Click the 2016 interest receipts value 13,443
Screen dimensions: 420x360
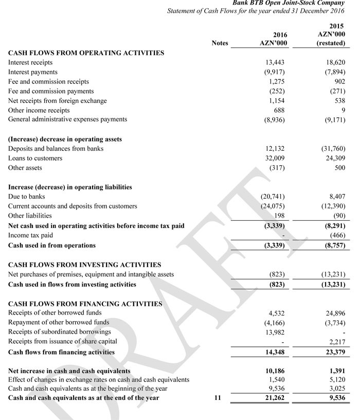point(273,62)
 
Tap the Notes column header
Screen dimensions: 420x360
point(220,43)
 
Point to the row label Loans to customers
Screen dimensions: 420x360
point(35,158)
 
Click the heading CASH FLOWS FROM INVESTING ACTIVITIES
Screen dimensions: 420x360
point(84,265)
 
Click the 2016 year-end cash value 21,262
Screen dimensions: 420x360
point(274,397)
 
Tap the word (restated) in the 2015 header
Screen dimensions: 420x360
point(331,43)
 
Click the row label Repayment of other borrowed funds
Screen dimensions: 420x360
point(59,322)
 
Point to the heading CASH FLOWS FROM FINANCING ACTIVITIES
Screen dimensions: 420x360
point(85,304)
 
